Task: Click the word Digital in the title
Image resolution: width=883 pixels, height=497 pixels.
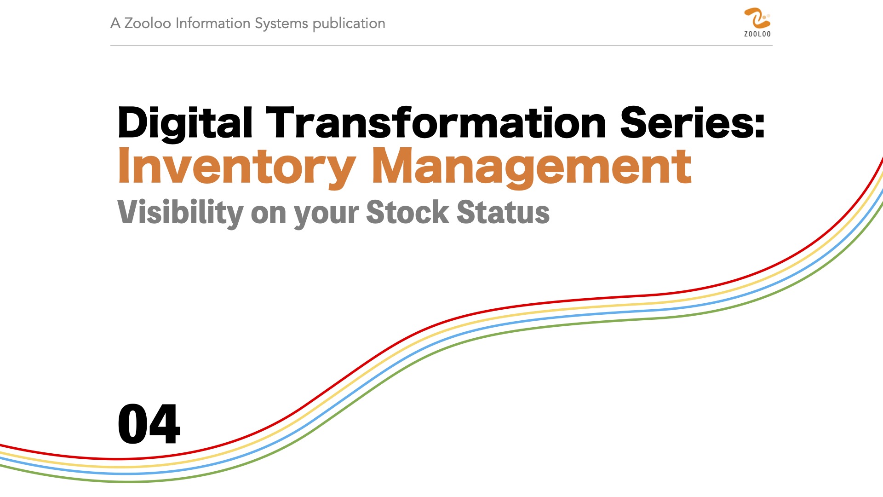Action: coord(185,123)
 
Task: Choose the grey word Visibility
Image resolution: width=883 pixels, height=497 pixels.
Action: coord(180,213)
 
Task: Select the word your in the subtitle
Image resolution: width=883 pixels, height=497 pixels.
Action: coord(326,215)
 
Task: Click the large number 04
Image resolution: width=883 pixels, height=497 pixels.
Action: coord(149,424)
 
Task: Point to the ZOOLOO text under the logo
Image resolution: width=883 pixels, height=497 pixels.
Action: coord(757,34)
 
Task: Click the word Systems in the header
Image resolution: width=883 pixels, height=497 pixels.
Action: coord(281,24)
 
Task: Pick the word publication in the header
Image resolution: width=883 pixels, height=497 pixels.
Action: coord(349,24)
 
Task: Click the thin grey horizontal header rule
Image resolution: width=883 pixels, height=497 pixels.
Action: coord(441,46)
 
